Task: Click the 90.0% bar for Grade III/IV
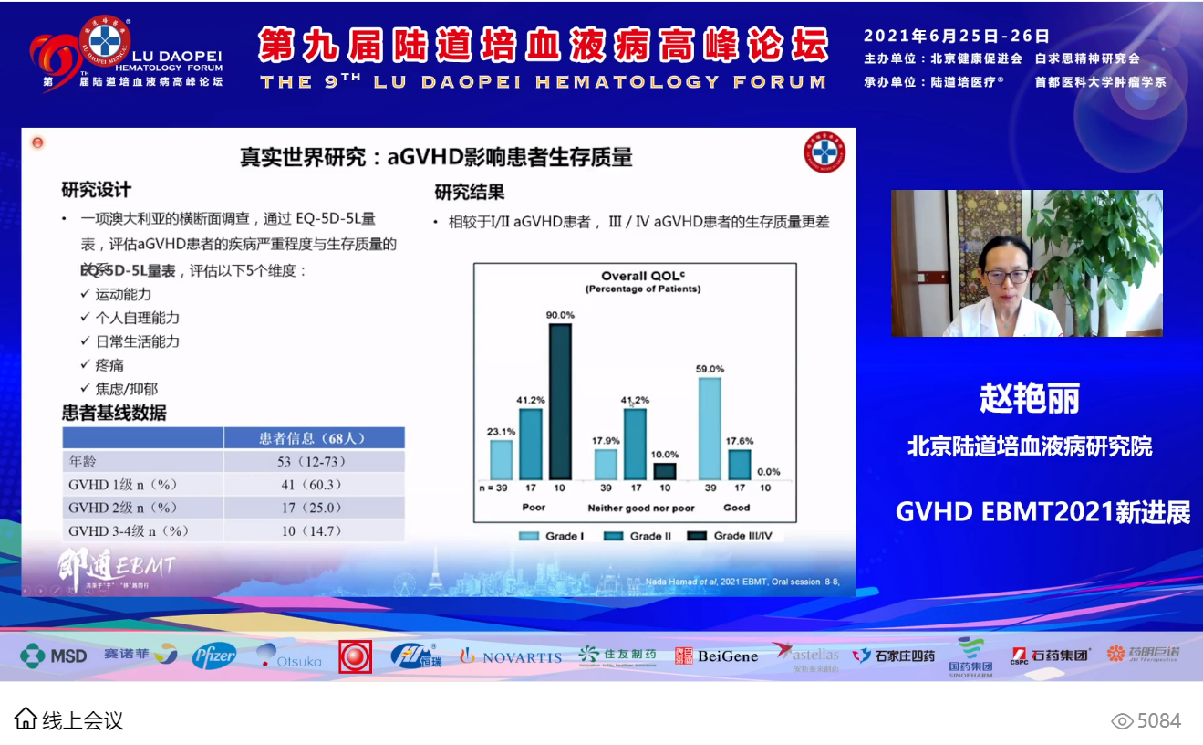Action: [x=560, y=402]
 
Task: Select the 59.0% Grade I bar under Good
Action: [x=710, y=428]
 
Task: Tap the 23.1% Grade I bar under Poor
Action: [x=501, y=460]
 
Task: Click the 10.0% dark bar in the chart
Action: [x=665, y=471]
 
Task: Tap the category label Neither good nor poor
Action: [x=641, y=508]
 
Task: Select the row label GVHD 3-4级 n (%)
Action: [x=129, y=530]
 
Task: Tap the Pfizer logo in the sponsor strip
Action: [x=214, y=656]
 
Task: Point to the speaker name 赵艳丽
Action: [x=1029, y=398]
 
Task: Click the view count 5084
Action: [x=1158, y=721]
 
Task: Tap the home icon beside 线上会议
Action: [x=26, y=719]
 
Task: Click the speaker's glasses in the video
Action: [x=1006, y=275]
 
